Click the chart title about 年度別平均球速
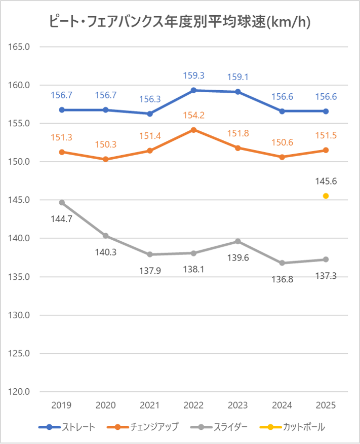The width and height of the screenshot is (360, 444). tap(180, 22)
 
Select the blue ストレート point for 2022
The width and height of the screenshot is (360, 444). tap(194, 90)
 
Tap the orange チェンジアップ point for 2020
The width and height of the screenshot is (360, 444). tap(106, 159)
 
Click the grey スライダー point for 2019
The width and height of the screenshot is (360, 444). tap(62, 202)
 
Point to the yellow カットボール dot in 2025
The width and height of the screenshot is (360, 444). tap(326, 196)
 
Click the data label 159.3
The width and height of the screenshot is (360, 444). tap(194, 76)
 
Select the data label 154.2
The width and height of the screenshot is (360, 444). tap(194, 115)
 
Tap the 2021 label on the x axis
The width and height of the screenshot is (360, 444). tap(150, 405)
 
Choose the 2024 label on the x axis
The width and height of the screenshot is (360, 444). tap(282, 405)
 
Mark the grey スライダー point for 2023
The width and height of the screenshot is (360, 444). tap(238, 241)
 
